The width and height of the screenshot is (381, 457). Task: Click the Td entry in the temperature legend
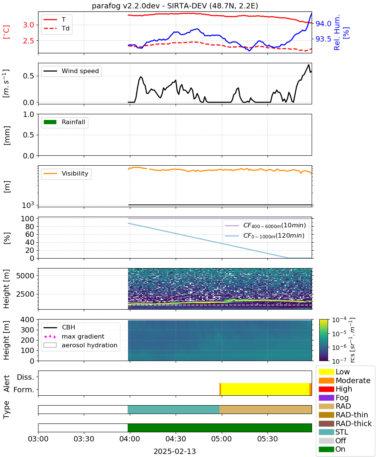(x=56, y=28)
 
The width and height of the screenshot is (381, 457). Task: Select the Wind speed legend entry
(x=71, y=71)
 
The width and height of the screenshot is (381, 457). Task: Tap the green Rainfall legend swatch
(x=50, y=122)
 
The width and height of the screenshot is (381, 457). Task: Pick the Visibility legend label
(x=75, y=173)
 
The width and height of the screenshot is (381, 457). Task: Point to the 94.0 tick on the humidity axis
(x=323, y=24)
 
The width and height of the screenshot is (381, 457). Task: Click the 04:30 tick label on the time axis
(x=176, y=439)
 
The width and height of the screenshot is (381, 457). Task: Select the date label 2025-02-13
(x=175, y=451)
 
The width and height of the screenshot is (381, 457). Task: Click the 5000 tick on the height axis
(x=25, y=276)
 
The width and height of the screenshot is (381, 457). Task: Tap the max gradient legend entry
(x=74, y=336)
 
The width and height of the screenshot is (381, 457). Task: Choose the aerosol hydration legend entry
(x=80, y=345)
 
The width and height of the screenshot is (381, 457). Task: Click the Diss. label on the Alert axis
(x=26, y=377)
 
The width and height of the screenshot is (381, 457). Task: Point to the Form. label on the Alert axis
(x=24, y=390)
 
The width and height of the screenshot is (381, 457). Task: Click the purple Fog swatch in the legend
(x=326, y=398)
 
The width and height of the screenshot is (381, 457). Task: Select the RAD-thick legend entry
(x=345, y=423)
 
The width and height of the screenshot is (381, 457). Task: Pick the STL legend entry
(x=333, y=432)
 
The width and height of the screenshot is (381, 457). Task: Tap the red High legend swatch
(x=326, y=389)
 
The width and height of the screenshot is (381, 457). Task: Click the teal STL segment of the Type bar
(x=173, y=409)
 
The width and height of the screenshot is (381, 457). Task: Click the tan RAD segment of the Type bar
(x=266, y=409)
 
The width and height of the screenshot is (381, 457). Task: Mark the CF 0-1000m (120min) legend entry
(x=265, y=236)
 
